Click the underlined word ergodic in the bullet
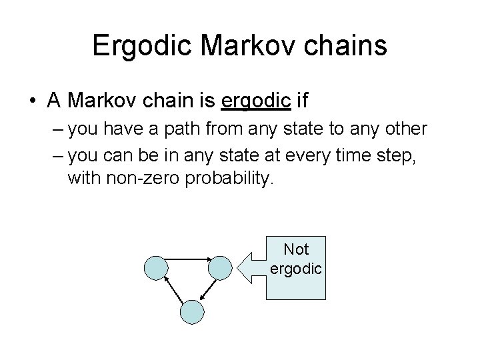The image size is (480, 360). [255, 101]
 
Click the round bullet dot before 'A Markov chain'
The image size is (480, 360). [31, 101]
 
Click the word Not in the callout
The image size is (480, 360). [296, 249]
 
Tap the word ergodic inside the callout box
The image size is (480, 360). [296, 269]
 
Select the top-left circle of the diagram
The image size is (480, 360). [157, 267]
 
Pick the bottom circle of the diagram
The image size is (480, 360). [191, 311]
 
